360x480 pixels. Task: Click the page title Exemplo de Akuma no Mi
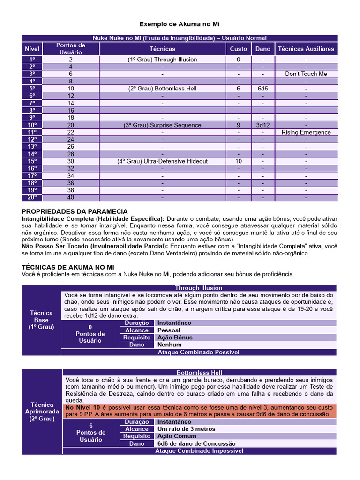pyautogui.click(x=180, y=23)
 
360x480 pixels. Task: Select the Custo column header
pyautogui.click(x=238, y=49)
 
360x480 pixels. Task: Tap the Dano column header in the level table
pyautogui.click(x=263, y=49)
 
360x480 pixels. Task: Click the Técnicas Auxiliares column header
pyautogui.click(x=306, y=49)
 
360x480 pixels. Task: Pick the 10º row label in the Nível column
pyautogui.click(x=32, y=125)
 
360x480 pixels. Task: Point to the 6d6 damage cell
pyautogui.click(x=263, y=89)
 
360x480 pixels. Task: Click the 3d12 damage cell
pyautogui.click(x=263, y=125)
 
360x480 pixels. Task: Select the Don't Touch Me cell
pyautogui.click(x=306, y=74)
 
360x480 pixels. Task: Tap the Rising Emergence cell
pyautogui.click(x=306, y=132)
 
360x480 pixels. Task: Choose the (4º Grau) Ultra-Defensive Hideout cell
pyautogui.click(x=162, y=161)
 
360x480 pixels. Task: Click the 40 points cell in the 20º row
pyautogui.click(x=70, y=198)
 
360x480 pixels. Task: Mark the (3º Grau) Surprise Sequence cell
pyautogui.click(x=162, y=125)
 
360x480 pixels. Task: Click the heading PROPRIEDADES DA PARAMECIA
pyautogui.click(x=75, y=212)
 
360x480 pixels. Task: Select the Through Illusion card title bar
pyautogui.click(x=199, y=288)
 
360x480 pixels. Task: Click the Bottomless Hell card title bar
pyautogui.click(x=199, y=373)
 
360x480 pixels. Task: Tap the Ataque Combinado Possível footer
pyautogui.click(x=199, y=352)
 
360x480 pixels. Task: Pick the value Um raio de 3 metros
pyautogui.click(x=187, y=429)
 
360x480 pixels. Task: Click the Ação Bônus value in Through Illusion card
pyautogui.click(x=175, y=337)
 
